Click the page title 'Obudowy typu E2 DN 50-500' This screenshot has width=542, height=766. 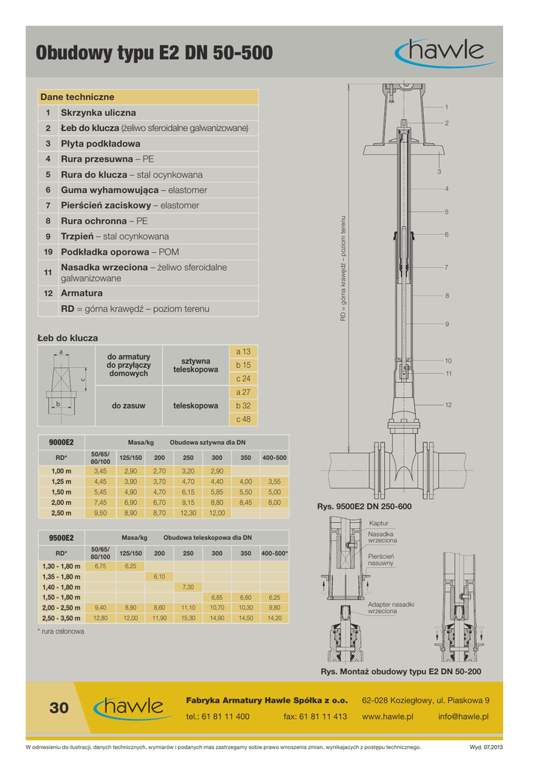coord(154,53)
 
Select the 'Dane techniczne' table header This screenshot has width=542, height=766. coord(78,97)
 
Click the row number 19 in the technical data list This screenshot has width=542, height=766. coord(48,252)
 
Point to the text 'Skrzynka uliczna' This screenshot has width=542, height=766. coord(98,112)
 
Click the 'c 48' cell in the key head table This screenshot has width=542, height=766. coord(243,419)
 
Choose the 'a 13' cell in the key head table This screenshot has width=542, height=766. coord(243,351)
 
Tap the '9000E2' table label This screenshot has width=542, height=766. coord(61,442)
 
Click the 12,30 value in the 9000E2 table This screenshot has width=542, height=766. coord(188,513)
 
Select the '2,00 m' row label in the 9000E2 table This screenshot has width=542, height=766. coord(61,503)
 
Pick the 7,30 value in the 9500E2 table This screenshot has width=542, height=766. coord(188,587)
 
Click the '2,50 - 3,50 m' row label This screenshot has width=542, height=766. coord(61,619)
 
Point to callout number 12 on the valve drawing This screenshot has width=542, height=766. coord(449,405)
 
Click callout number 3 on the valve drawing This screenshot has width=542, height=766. coord(439,172)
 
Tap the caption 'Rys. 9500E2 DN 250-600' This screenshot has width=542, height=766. coord(364,507)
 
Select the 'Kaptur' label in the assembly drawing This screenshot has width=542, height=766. coord(378,523)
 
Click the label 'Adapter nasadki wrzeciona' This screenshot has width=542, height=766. coord(390,607)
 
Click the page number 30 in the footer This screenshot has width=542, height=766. coord(59,708)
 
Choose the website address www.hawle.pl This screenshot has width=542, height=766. coord(387,717)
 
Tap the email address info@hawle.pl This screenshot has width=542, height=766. coord(464,717)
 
